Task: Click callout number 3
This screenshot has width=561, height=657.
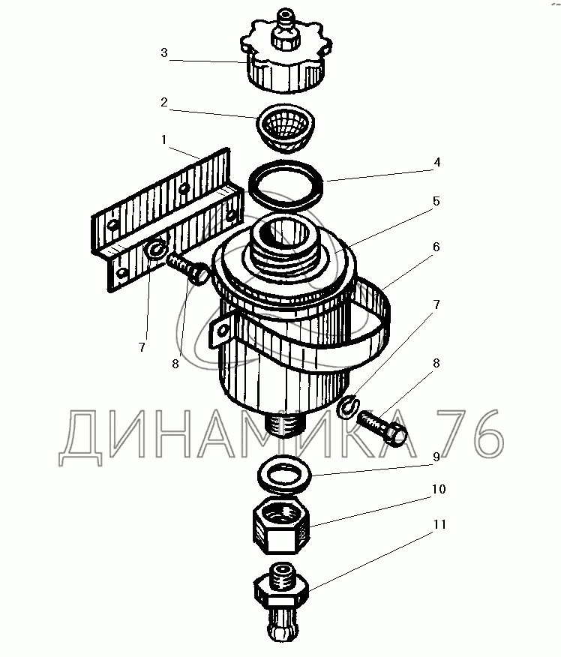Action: (163, 52)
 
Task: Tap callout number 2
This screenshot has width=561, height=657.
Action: (163, 102)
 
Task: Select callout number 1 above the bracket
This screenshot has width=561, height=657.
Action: (163, 139)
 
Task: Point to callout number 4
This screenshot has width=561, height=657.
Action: (437, 162)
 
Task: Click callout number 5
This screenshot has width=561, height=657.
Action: (436, 202)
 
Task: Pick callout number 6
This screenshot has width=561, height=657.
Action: (436, 247)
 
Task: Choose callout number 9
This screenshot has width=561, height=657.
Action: (436, 457)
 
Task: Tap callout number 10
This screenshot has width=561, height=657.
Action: (439, 489)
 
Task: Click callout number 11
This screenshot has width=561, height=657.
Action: (439, 524)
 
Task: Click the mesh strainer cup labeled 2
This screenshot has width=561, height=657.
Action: (286, 127)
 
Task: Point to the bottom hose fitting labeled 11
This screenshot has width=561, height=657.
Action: (281, 601)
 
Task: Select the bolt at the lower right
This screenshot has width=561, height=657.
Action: (382, 427)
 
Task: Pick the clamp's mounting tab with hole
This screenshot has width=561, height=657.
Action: (219, 331)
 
